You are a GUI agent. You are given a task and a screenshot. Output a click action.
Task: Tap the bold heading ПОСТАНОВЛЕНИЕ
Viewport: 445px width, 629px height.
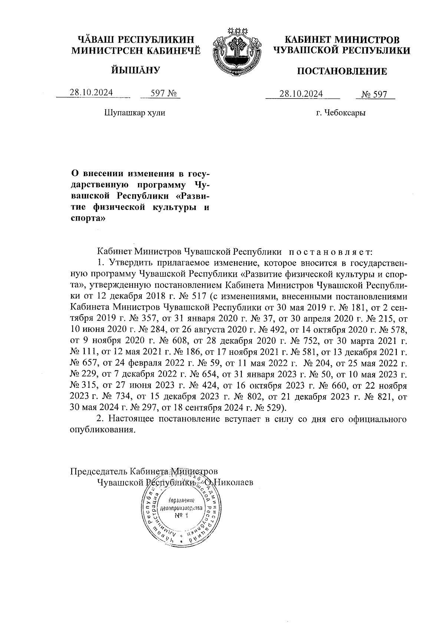pyautogui.click(x=342, y=71)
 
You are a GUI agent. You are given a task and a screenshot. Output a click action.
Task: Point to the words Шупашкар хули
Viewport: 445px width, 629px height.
pyautogui.click(x=135, y=112)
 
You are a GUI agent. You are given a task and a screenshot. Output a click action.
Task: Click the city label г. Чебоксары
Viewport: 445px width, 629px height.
pyautogui.click(x=341, y=113)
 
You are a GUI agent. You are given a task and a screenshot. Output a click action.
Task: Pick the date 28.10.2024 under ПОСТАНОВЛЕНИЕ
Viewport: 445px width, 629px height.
pyautogui.click(x=301, y=94)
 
